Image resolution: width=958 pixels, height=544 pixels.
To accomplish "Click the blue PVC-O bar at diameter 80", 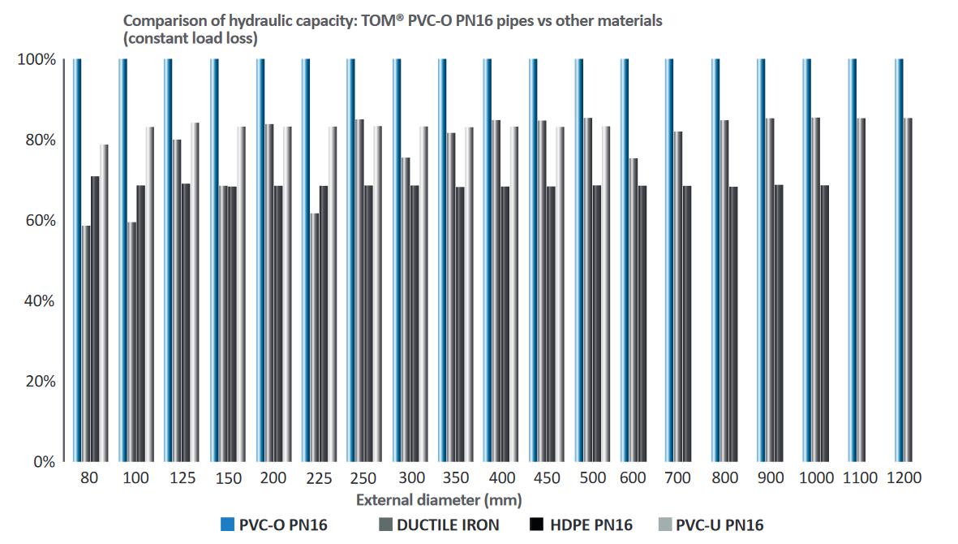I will click(x=77, y=260).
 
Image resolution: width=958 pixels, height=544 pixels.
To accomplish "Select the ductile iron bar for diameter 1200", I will click(x=909, y=289).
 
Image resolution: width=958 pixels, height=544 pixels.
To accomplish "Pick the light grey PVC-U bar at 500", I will click(x=605, y=293).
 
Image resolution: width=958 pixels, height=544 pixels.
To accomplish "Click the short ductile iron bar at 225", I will click(x=315, y=337).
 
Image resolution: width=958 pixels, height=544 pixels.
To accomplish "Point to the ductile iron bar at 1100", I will click(x=861, y=289).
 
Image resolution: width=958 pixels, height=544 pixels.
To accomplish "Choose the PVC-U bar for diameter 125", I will click(x=195, y=291).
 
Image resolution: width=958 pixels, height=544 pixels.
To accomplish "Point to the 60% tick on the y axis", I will click(x=38, y=221).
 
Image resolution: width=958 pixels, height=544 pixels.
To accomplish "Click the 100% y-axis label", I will click(x=36, y=60).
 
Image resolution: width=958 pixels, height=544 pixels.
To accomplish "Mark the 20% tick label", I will click(x=38, y=382).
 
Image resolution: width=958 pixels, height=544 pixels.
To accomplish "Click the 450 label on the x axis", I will click(x=547, y=479).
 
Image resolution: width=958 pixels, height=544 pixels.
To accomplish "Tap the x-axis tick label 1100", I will click(x=859, y=479).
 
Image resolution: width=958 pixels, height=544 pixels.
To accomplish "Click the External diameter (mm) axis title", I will click(x=438, y=499).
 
